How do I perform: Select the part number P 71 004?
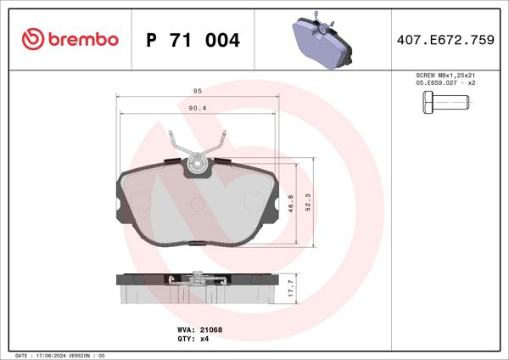(x=193, y=40)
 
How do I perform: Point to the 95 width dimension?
(x=197, y=90)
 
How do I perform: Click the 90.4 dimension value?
(x=197, y=108)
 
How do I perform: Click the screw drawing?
(x=445, y=105)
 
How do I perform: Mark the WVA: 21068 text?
(x=193, y=329)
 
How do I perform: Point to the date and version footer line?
(x=59, y=355)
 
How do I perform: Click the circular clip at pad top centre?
(x=197, y=162)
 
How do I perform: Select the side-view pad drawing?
(x=197, y=287)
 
